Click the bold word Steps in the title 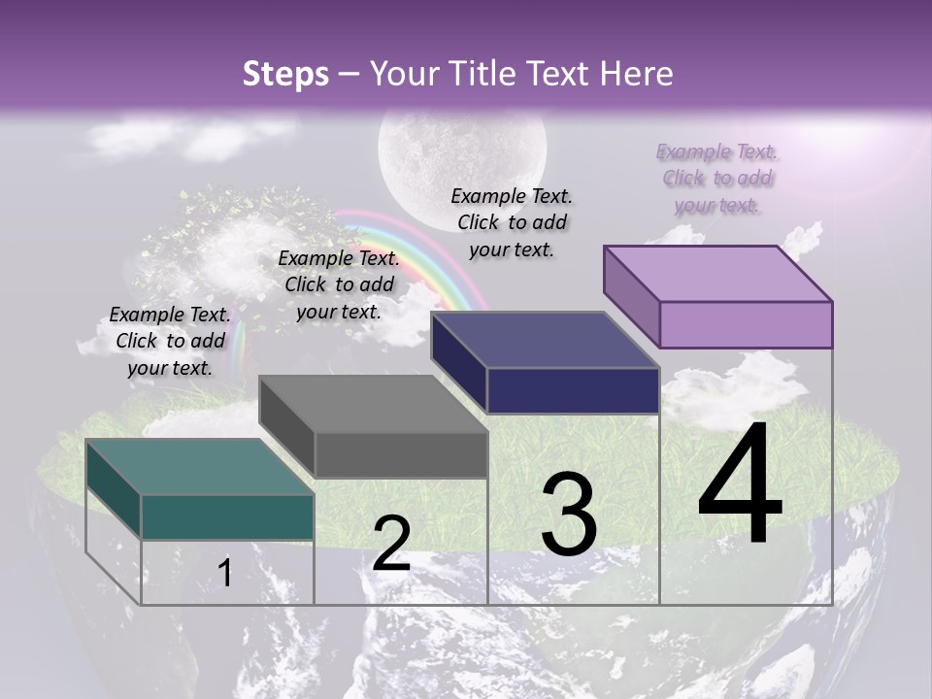(x=285, y=74)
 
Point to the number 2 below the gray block (x=391, y=544)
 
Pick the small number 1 (x=225, y=573)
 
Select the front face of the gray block (x=401, y=454)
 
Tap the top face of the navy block (x=544, y=340)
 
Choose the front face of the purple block (x=746, y=324)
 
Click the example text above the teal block (x=170, y=341)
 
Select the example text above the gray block (x=339, y=284)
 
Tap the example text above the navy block (x=512, y=222)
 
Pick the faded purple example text (x=717, y=178)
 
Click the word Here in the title (x=637, y=74)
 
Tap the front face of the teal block (x=227, y=516)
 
